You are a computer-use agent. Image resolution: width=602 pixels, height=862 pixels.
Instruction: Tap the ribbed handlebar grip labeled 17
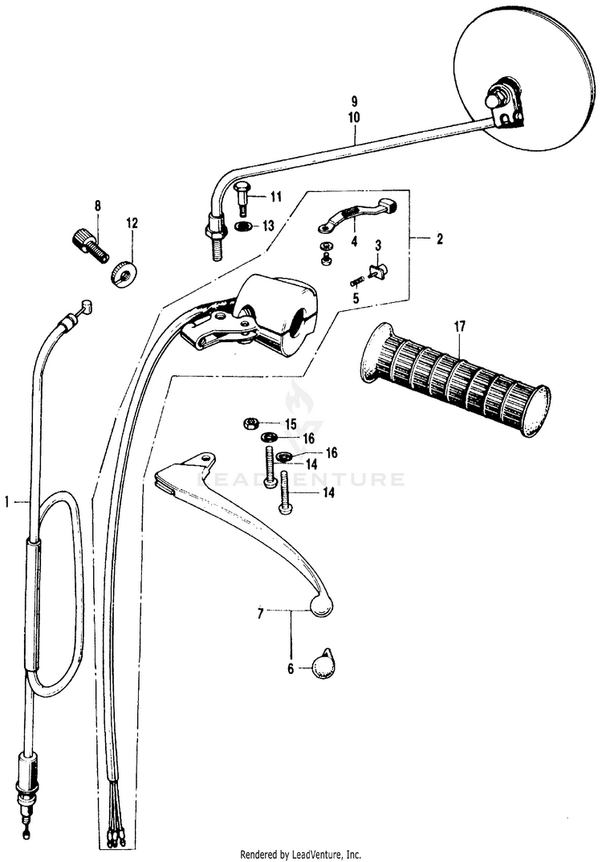click(454, 378)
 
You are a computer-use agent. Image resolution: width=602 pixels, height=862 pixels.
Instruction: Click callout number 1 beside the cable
click(8, 501)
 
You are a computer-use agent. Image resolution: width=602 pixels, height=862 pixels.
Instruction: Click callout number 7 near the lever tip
click(260, 614)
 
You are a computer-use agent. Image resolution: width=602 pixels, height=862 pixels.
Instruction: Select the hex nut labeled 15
click(250, 423)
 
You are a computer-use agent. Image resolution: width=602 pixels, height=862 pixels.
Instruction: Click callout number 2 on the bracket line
click(438, 239)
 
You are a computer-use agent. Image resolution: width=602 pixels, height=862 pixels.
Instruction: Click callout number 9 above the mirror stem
click(354, 102)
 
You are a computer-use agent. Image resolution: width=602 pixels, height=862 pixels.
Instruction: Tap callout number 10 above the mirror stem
click(354, 116)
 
